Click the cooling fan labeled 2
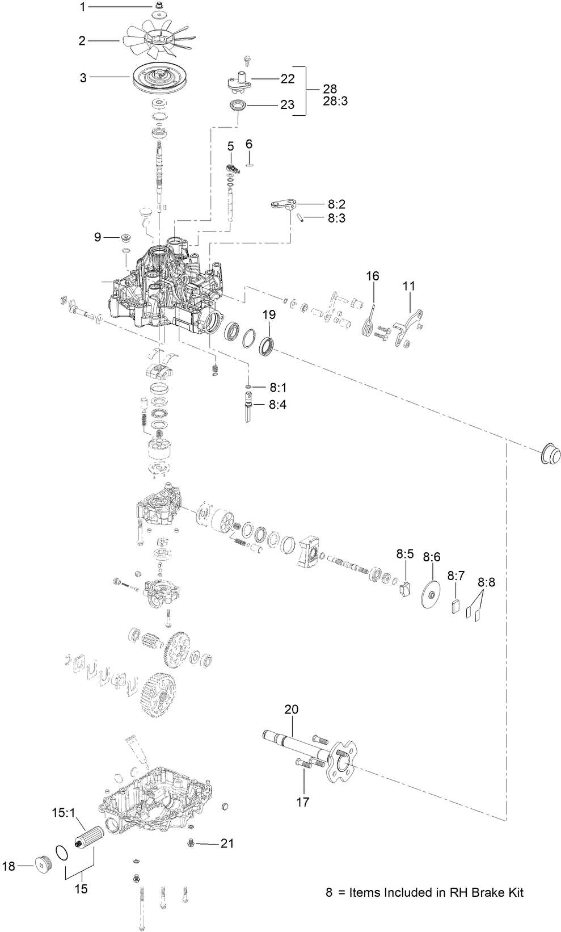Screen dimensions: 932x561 click(157, 40)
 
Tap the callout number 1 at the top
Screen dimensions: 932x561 click(82, 7)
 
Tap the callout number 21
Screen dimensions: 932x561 click(227, 843)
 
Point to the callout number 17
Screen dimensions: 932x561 click(303, 801)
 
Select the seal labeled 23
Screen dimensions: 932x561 click(238, 105)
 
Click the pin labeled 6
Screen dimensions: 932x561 click(249, 165)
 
